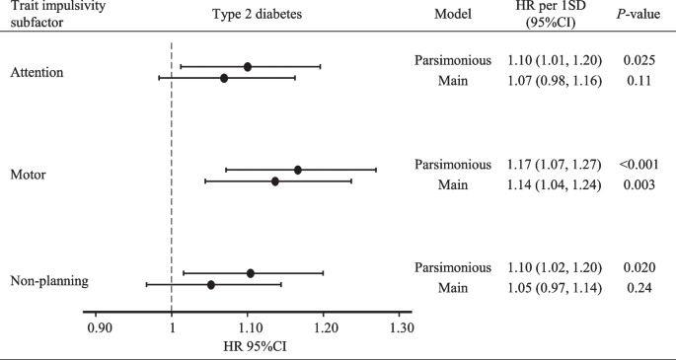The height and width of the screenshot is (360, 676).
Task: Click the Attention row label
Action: point(37,72)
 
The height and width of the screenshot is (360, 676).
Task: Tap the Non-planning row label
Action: point(49,281)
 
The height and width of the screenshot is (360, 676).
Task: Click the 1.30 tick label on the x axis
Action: point(401,326)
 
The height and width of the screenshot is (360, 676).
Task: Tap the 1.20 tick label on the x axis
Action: point(325,326)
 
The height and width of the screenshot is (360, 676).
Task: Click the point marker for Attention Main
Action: point(224,78)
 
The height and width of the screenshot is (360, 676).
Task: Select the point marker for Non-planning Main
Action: point(211,284)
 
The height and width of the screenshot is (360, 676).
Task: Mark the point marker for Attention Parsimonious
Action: point(248,66)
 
